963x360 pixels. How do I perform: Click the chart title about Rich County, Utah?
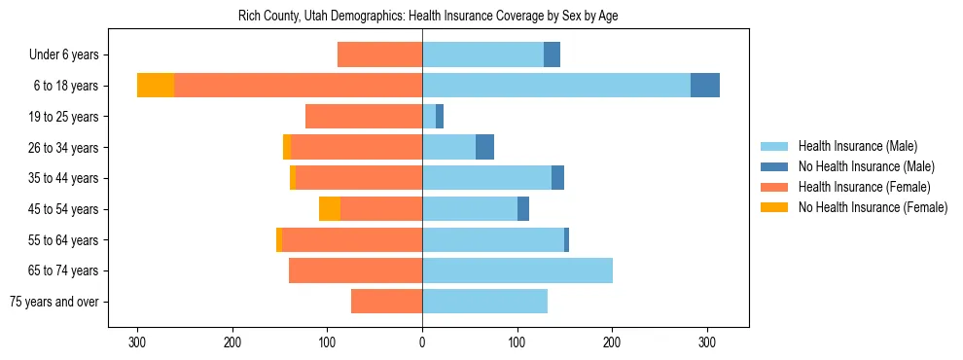(x=428, y=17)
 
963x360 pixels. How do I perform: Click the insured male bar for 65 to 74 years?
(x=517, y=270)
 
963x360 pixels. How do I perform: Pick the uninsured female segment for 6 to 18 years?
(x=156, y=86)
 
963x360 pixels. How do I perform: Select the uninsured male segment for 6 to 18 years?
(x=705, y=86)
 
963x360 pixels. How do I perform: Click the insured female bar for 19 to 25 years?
(x=364, y=117)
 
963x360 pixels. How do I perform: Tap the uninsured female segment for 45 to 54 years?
(x=330, y=209)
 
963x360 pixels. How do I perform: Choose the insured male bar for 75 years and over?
(x=484, y=302)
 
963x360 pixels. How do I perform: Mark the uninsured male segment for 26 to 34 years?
(x=484, y=147)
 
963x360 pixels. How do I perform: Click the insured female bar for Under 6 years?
(x=379, y=55)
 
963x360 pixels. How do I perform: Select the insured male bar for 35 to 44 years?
(x=486, y=178)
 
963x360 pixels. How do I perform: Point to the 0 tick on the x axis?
(x=422, y=342)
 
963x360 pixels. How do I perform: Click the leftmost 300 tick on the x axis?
(x=137, y=342)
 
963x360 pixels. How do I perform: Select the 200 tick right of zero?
(x=612, y=342)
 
